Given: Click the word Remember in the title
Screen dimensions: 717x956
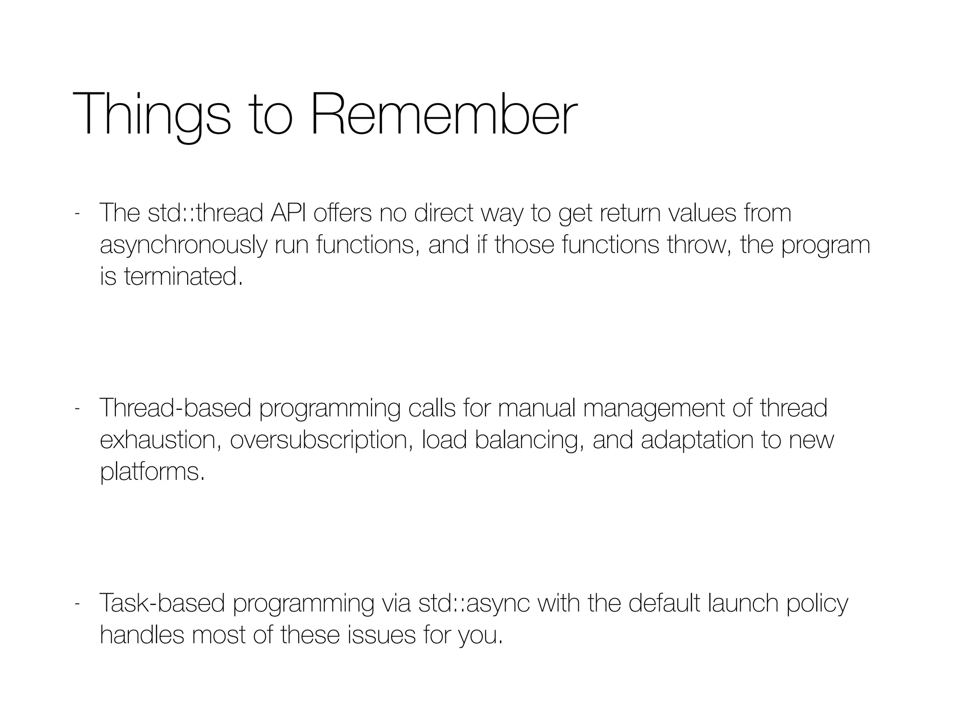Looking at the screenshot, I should click(x=443, y=114).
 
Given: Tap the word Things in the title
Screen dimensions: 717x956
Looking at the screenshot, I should click(x=152, y=114).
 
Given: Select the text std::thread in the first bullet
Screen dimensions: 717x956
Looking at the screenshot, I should click(x=205, y=213).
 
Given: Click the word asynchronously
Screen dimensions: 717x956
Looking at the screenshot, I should click(x=183, y=246).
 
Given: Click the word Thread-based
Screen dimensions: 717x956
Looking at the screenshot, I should click(x=176, y=408).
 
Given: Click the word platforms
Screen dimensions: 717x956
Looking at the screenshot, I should click(x=152, y=472).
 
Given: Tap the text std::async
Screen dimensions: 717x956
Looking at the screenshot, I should click(x=474, y=603).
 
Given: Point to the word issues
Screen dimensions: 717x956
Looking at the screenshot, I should click(x=381, y=635).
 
